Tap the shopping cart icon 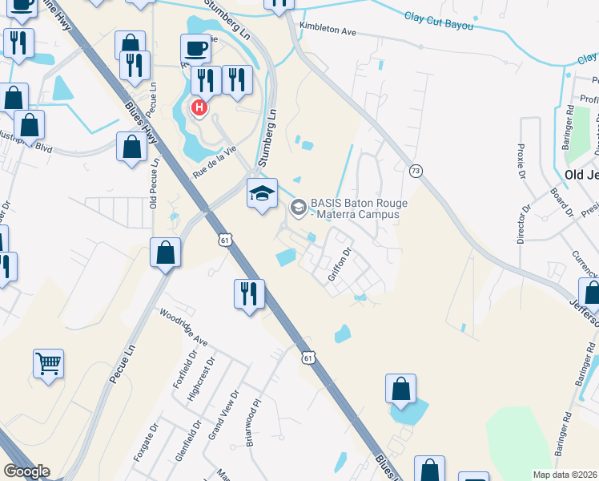tap(48, 364)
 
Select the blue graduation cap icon tap(262, 194)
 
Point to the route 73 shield tap(415, 171)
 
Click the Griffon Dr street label tap(340, 265)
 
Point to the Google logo tap(26, 471)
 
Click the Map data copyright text tap(565, 475)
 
